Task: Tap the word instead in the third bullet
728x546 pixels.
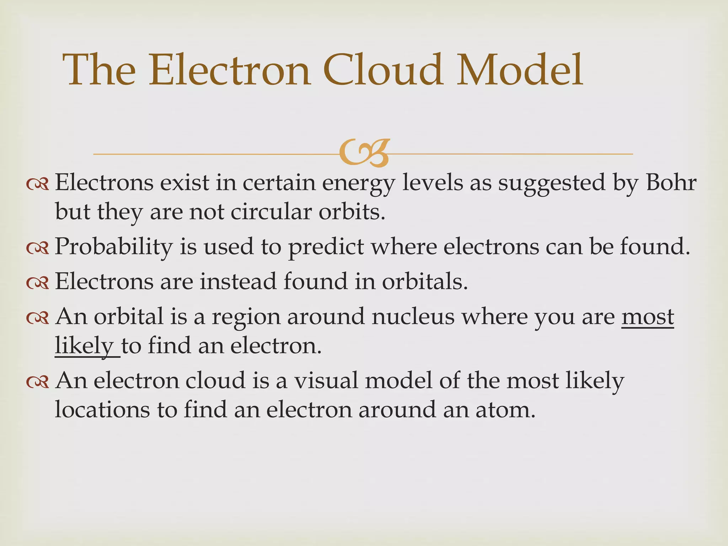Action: tap(238, 282)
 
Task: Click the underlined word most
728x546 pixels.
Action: tap(648, 316)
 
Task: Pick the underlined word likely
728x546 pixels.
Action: tap(84, 346)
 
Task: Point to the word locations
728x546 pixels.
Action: tap(102, 410)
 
